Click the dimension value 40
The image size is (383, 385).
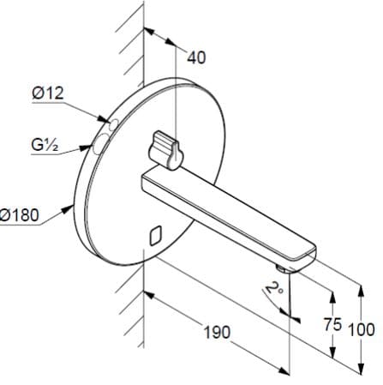pos(197,57)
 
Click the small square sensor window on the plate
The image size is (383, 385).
pos(154,233)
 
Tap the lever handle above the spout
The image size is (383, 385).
pos(165,147)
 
